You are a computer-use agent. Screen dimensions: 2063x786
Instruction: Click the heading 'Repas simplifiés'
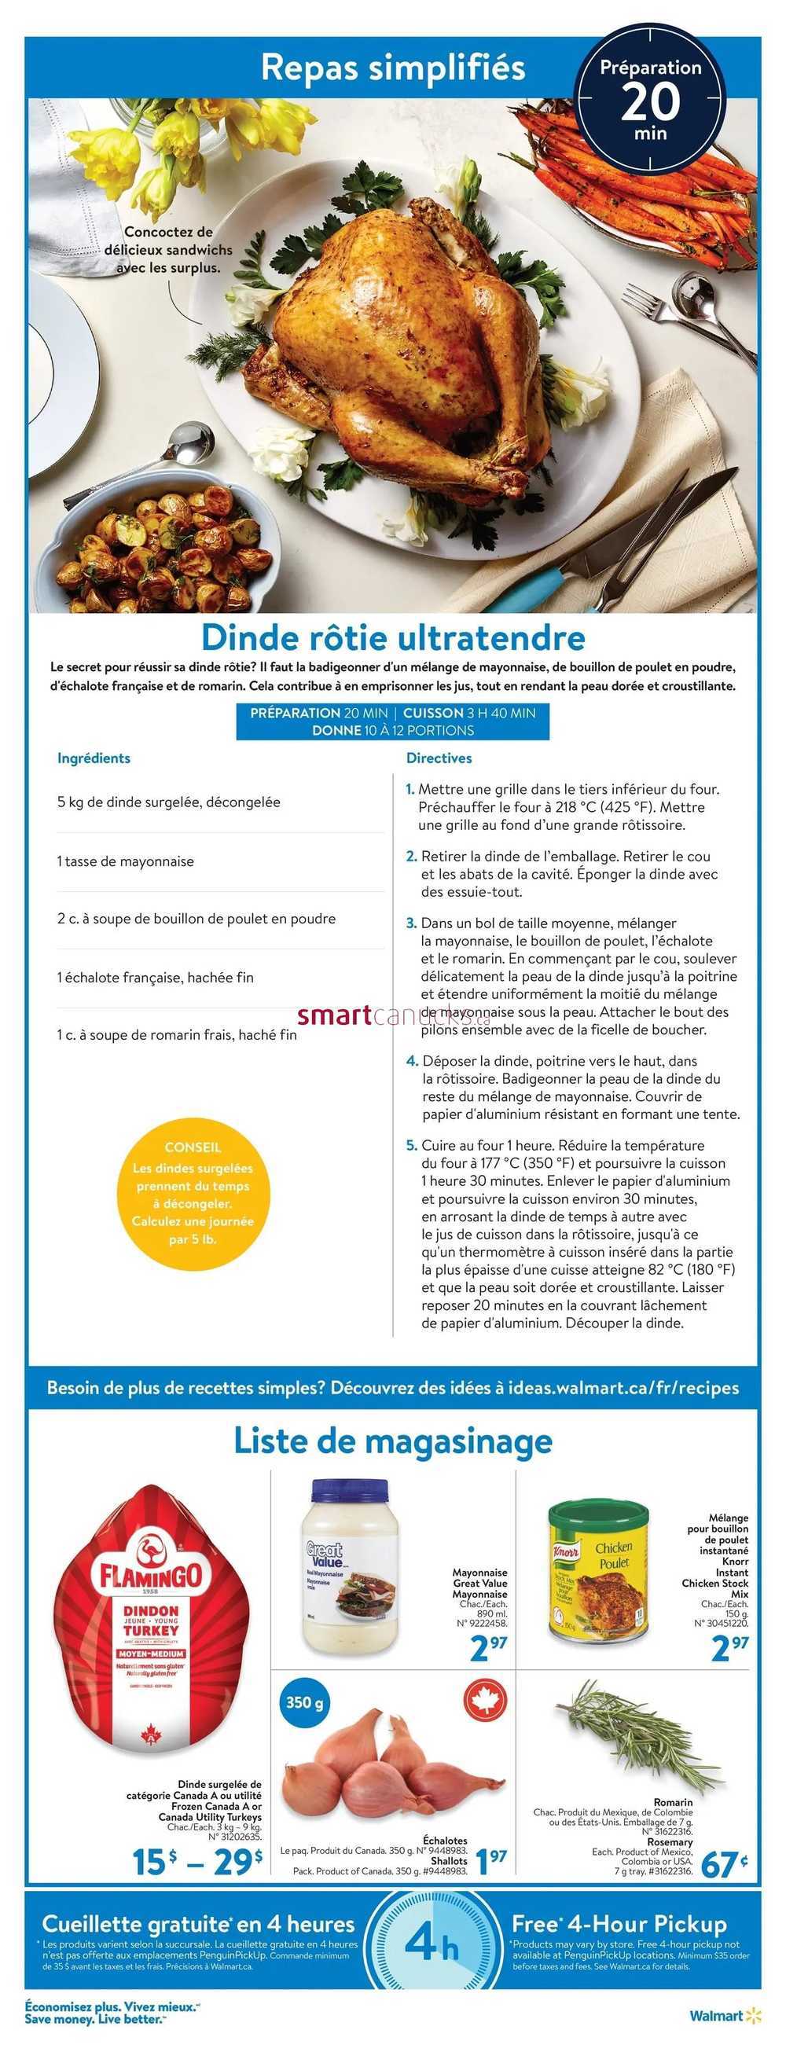(392, 68)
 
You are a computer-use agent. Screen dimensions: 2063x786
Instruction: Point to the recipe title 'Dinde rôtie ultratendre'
(392, 637)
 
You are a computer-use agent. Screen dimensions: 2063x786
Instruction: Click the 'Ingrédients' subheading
(94, 758)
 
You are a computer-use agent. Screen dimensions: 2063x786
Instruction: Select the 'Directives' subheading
(439, 758)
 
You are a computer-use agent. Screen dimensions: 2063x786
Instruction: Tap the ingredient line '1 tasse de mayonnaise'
(126, 861)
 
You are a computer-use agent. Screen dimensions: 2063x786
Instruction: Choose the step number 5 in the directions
(412, 1146)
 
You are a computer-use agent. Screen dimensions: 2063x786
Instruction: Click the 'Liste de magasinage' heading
(392, 1441)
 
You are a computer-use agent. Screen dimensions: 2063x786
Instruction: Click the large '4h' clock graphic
(431, 1944)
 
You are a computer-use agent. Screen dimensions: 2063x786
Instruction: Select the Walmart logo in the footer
(725, 2015)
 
